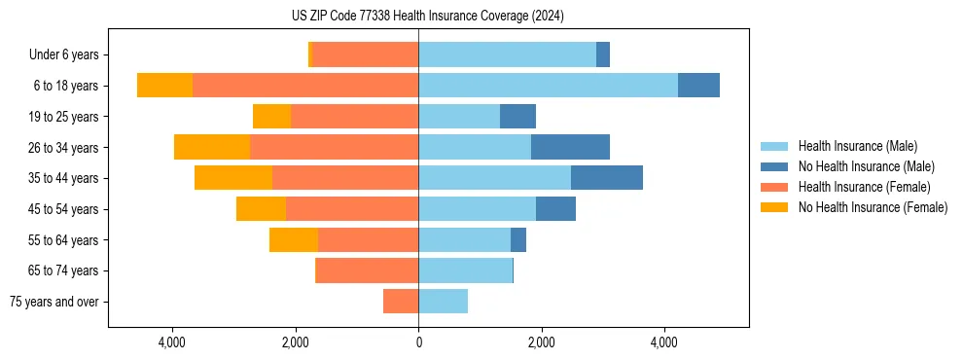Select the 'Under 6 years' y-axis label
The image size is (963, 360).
(x=70, y=54)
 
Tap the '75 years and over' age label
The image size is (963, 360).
(x=54, y=302)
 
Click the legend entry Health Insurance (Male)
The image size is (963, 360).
(x=857, y=146)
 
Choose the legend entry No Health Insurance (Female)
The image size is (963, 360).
(x=873, y=207)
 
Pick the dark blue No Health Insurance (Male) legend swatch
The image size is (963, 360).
(x=775, y=166)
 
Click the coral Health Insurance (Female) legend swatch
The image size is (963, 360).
(x=775, y=187)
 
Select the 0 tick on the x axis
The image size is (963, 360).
(x=418, y=342)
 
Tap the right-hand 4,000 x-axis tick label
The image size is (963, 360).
(x=664, y=342)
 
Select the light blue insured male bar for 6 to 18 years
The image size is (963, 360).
(x=548, y=86)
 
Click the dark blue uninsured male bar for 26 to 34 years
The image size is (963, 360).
(x=570, y=148)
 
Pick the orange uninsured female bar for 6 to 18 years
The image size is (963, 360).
(x=164, y=86)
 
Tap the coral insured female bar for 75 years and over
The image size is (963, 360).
(x=401, y=302)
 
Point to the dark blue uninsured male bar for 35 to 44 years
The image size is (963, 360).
(x=606, y=178)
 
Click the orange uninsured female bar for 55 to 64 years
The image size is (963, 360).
(x=294, y=240)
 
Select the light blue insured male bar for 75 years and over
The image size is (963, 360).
(x=443, y=302)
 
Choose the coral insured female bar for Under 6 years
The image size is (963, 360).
(x=365, y=54)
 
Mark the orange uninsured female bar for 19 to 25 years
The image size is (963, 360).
(x=271, y=117)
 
